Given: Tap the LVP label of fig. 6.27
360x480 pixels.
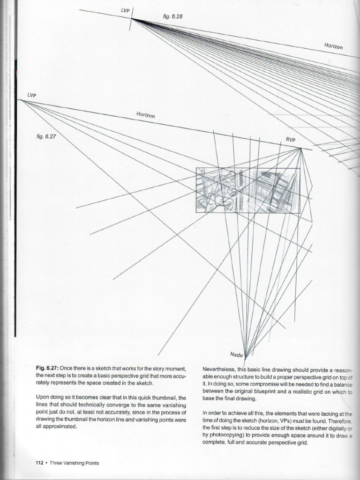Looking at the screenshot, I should pyautogui.click(x=31, y=95).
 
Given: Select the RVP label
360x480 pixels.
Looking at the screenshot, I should pyautogui.click(x=291, y=140).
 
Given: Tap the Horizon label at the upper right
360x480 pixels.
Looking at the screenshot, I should pyautogui.click(x=333, y=46).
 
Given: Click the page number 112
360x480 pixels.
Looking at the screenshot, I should pyautogui.click(x=40, y=463).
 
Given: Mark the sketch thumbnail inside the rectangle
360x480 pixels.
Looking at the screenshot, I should pyautogui.click(x=247, y=190).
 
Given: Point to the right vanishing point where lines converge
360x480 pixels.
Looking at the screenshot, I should pyautogui.click(x=300, y=149).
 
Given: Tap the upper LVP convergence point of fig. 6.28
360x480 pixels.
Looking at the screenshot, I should pyautogui.click(x=132, y=19).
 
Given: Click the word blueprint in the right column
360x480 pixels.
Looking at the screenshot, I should pyautogui.click(x=262, y=391).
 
